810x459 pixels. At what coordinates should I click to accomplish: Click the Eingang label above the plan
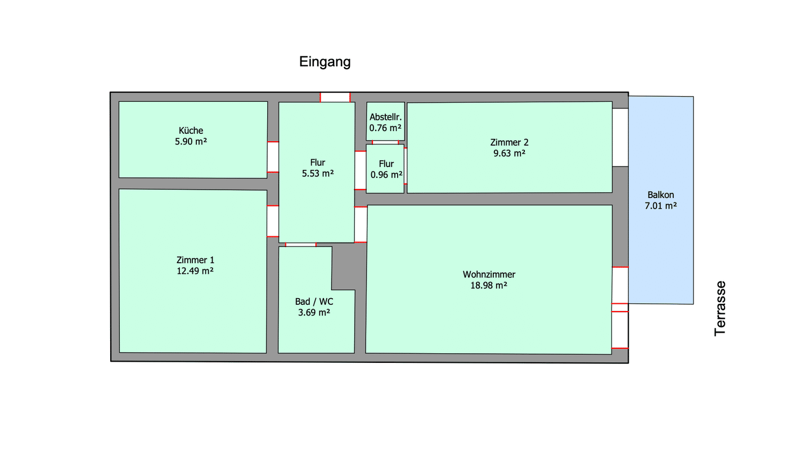[x=325, y=62]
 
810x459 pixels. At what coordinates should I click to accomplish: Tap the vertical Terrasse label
[x=720, y=309]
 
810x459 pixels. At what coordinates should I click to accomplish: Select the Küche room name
[x=191, y=130]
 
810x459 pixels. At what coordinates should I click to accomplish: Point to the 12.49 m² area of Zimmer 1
[x=195, y=271]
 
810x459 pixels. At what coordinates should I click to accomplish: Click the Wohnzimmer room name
[x=489, y=274]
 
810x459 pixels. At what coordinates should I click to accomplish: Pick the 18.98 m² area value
[x=489, y=285]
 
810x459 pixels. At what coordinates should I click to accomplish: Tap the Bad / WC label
[x=314, y=301]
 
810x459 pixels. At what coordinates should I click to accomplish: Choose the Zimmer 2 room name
[x=509, y=142]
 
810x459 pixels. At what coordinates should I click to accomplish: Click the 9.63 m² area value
[x=509, y=154]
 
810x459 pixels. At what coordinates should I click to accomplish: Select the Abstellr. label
[x=385, y=117]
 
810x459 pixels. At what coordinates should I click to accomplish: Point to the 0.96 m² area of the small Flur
[x=386, y=175]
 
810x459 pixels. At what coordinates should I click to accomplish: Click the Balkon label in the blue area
[x=660, y=195]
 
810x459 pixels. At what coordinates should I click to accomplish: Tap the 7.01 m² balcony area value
[x=660, y=206]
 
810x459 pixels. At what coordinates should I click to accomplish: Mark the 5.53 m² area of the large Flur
[x=317, y=174]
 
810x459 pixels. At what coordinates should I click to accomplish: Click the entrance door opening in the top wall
[x=335, y=97]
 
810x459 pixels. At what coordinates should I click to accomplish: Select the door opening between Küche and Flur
[x=273, y=157]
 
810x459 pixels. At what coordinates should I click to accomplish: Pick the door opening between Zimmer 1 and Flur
[x=273, y=221]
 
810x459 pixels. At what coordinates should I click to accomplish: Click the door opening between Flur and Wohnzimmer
[x=361, y=224]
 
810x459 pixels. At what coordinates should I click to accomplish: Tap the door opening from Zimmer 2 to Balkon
[x=620, y=137]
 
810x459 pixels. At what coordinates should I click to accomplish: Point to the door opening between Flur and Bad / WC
[x=301, y=245]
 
